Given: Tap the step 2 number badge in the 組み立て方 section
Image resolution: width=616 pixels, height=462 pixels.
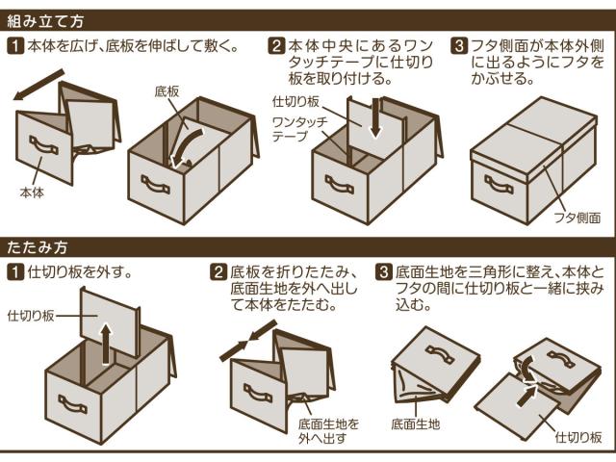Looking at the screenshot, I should (x=277, y=45).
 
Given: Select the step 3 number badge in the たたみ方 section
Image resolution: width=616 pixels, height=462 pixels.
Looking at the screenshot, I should (x=383, y=272).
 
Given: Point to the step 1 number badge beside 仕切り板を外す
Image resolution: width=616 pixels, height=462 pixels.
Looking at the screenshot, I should (x=15, y=272).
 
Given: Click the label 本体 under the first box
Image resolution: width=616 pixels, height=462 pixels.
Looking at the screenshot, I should (x=32, y=192).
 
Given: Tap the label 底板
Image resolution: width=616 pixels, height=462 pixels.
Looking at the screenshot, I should (x=167, y=91).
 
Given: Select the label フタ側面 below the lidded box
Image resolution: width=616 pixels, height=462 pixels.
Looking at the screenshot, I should (x=577, y=218).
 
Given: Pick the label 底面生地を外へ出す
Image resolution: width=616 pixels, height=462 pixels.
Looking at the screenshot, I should (x=329, y=430).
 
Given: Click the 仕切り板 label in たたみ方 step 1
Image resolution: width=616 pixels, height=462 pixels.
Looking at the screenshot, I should (x=30, y=315).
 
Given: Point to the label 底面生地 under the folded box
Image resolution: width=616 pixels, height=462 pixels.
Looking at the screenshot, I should (x=416, y=423).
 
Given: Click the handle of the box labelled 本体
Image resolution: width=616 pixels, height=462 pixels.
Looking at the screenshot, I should (x=43, y=145).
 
